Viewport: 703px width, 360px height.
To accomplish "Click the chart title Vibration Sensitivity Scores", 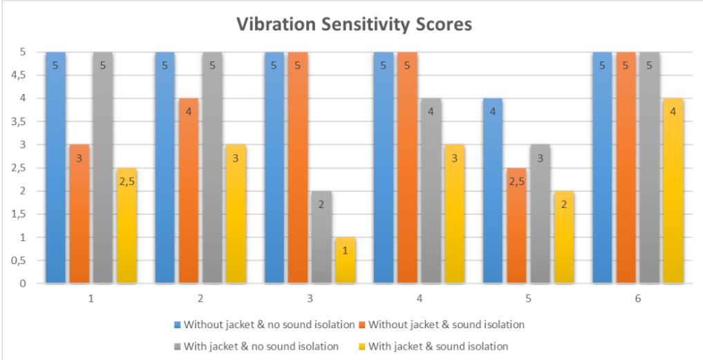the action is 354,24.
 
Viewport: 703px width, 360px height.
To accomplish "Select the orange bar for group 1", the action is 79,214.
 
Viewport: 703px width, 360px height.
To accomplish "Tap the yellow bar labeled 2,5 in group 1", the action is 127,225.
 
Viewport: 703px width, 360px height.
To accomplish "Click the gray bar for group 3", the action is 322,237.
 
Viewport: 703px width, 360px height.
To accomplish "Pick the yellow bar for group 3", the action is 346,260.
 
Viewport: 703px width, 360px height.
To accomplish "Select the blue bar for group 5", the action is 493,191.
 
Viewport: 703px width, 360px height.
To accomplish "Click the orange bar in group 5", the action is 516,225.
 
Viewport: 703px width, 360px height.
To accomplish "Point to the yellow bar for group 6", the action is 673,191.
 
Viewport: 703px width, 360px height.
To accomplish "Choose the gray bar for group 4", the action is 431,191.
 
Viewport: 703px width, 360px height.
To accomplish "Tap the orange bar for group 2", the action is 189,191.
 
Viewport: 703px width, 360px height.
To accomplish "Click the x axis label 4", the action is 419,298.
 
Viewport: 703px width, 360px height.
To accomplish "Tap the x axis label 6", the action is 638,298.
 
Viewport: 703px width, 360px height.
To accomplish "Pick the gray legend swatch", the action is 178,346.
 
